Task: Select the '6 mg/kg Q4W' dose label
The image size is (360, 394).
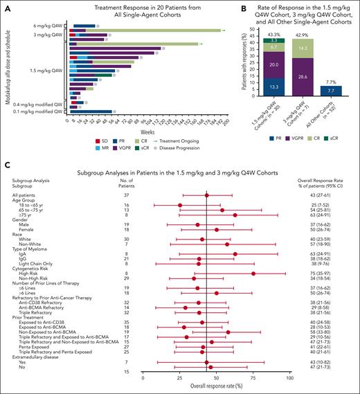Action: [51, 27]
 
